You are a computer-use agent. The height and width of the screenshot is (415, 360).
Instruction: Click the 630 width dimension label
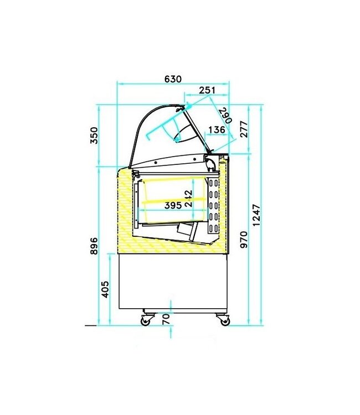point(173,79)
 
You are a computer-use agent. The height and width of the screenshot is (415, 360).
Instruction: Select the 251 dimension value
point(207,90)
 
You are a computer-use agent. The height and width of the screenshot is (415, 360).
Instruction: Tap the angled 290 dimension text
point(224,116)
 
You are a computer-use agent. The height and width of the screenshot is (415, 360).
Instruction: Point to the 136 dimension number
point(216,130)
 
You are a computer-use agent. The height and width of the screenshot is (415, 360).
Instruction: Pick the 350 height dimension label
point(94,135)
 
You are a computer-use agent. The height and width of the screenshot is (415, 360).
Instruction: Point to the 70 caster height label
point(165,319)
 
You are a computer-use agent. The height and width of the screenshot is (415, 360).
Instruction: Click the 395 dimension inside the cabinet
point(173,205)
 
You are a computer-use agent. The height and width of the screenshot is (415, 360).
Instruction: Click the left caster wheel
point(147,320)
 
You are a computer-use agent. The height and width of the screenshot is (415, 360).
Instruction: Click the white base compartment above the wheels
point(173,282)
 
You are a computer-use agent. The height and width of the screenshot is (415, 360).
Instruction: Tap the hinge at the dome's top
point(187,105)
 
